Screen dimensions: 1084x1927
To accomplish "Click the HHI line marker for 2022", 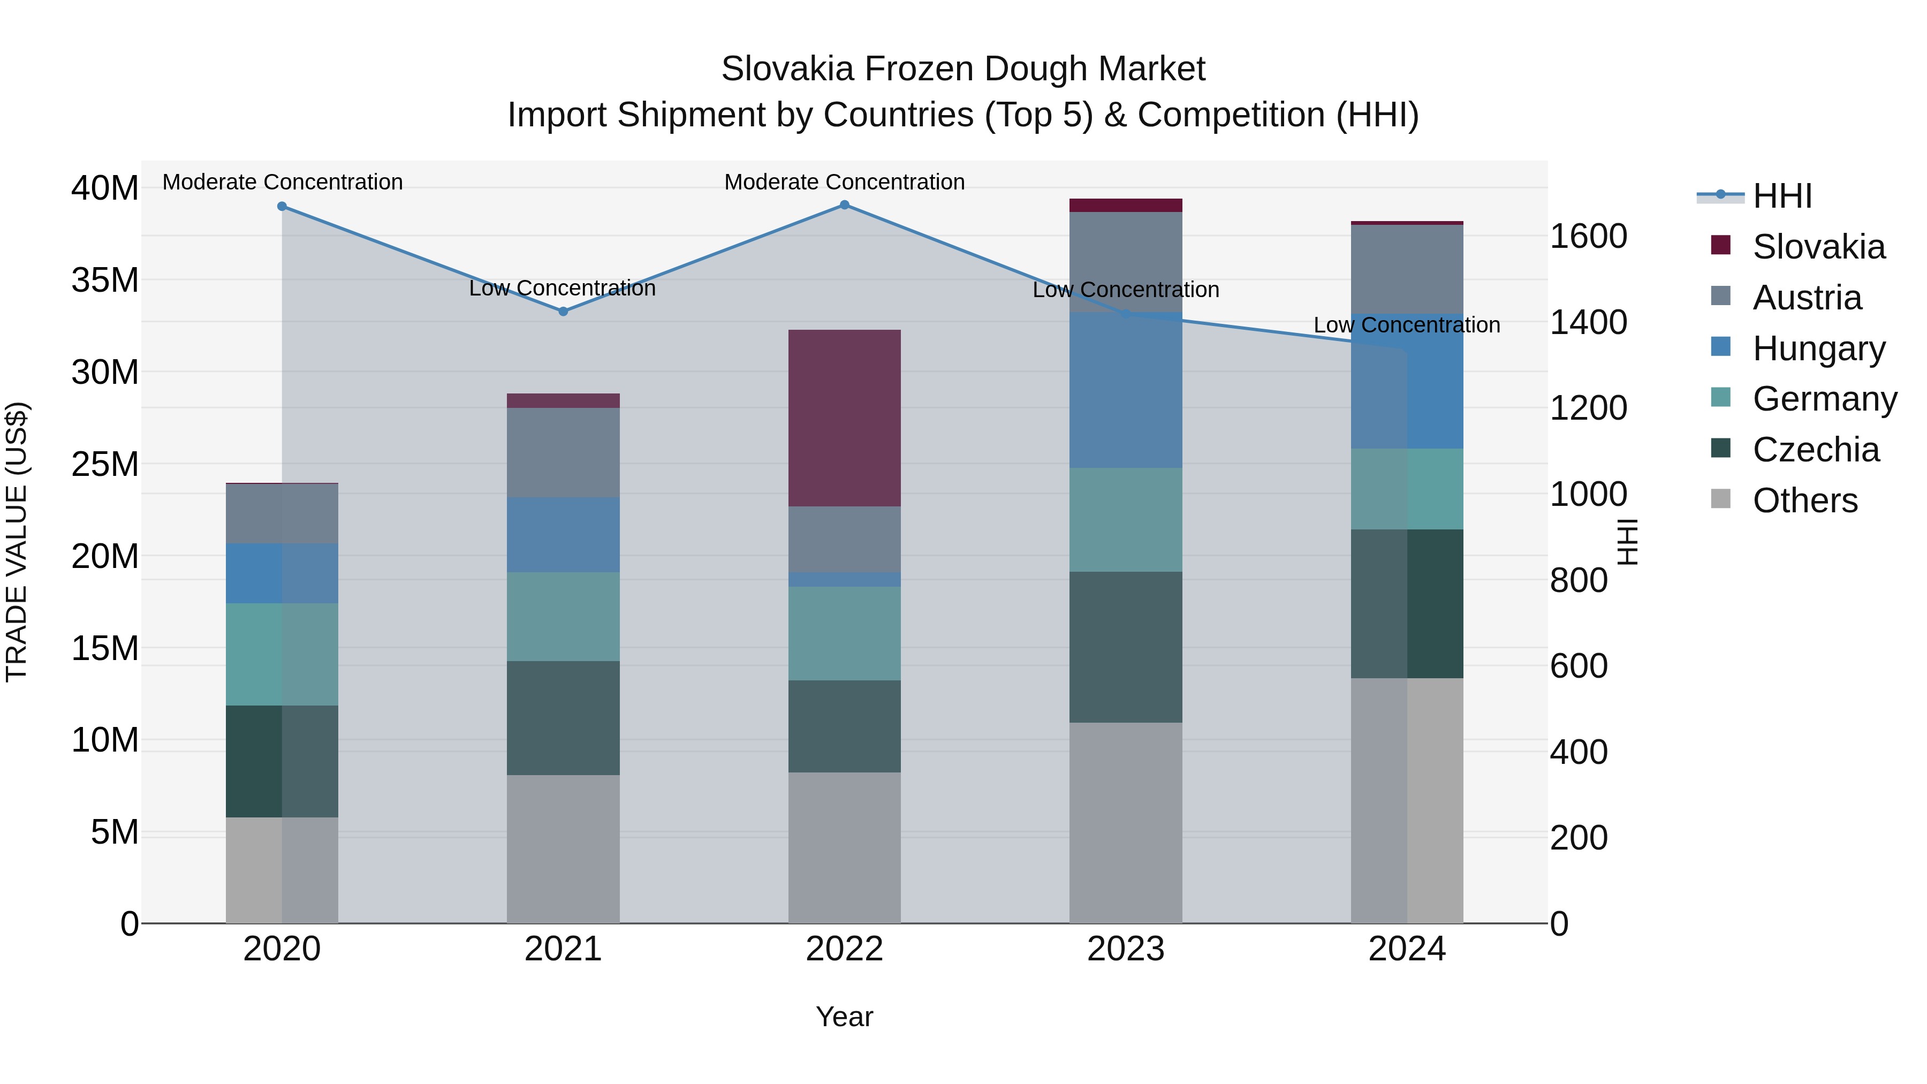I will coord(845,205).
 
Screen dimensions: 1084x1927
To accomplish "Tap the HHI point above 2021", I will coord(563,311).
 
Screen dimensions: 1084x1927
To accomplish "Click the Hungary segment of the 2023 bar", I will coord(1126,391).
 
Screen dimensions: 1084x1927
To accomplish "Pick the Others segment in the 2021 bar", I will coord(563,849).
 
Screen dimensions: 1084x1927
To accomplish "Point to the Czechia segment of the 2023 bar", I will coord(1126,647).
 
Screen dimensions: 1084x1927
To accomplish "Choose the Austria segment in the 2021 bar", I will coord(563,452).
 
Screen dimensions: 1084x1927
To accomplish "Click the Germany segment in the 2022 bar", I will coord(845,634).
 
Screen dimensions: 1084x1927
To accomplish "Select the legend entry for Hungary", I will coord(1818,348).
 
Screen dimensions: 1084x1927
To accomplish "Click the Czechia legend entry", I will coord(1816,450).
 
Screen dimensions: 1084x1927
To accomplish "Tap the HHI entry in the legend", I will coord(1782,196).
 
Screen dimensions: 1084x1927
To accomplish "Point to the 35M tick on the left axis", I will coord(105,281).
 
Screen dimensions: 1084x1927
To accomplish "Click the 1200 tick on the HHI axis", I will coord(1588,408).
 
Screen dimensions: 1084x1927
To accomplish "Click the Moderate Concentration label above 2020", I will coord(283,182).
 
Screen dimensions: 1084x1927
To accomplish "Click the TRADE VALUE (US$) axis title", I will coord(17,542).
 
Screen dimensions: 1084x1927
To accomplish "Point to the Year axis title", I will coord(845,1017).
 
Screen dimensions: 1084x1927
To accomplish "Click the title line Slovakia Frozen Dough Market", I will coord(963,69).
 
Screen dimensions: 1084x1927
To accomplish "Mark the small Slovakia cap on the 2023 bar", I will coord(1126,205).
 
